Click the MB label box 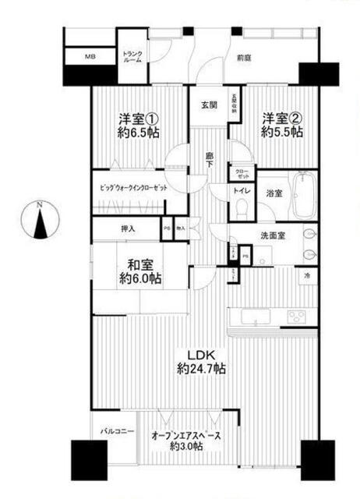point(90,57)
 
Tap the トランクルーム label point(132,57)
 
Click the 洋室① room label point(138,119)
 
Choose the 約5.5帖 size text point(281,132)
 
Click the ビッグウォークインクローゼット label point(134,188)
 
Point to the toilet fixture point(242,207)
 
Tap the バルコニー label point(118,431)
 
